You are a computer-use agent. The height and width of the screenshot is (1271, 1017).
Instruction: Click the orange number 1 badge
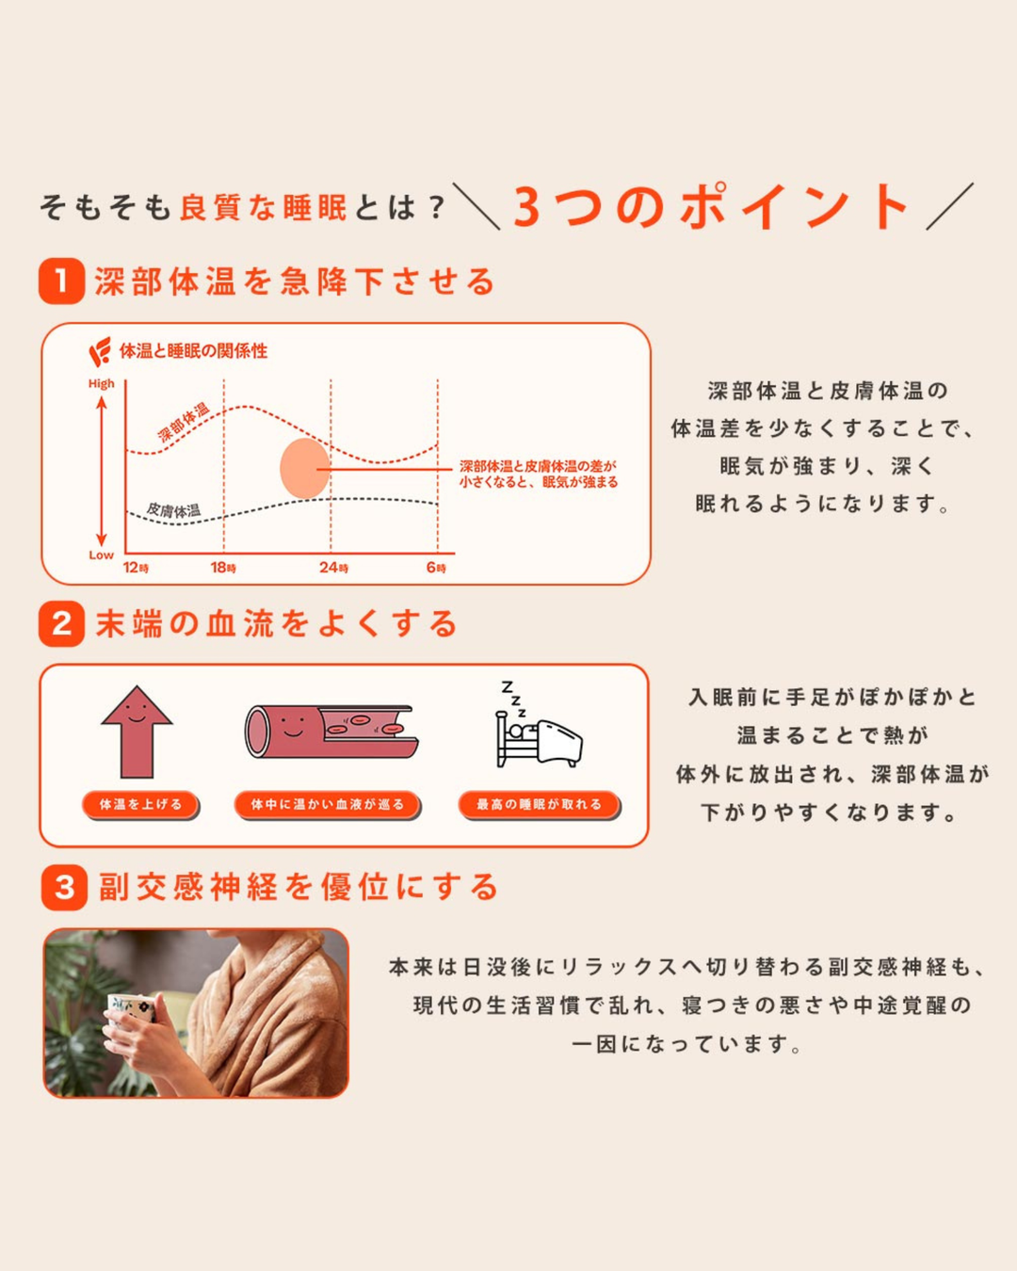[x=61, y=282]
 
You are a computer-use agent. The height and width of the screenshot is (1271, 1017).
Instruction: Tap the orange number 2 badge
[x=61, y=624]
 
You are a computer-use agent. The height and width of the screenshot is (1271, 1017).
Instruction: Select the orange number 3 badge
[x=64, y=887]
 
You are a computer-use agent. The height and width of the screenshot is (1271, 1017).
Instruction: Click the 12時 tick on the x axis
[x=136, y=568]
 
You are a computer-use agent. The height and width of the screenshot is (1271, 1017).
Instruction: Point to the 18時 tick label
[x=223, y=568]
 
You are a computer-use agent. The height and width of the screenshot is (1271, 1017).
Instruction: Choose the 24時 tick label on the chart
[x=333, y=568]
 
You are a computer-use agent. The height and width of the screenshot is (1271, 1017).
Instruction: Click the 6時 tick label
[x=436, y=568]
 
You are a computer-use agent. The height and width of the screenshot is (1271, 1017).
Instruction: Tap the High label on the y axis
[x=101, y=384]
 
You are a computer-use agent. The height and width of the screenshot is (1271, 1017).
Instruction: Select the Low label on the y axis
[x=101, y=555]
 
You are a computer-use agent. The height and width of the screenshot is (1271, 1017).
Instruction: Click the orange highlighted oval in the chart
[x=304, y=468]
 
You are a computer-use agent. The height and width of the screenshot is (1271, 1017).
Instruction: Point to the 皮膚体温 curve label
[x=174, y=510]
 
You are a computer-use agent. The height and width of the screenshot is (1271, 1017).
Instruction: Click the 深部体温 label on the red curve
[x=183, y=423]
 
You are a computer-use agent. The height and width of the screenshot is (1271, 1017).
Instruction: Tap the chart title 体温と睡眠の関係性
[x=193, y=351]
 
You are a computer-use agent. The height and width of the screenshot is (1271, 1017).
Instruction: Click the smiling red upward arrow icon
[x=137, y=731]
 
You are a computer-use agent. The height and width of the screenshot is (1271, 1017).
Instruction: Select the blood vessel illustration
[x=331, y=731]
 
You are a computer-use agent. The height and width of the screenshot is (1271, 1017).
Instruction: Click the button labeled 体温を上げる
[x=140, y=805]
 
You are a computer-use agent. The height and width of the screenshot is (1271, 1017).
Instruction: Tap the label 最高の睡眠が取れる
[x=539, y=805]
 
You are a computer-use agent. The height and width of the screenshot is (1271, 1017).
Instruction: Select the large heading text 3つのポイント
[x=711, y=207]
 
